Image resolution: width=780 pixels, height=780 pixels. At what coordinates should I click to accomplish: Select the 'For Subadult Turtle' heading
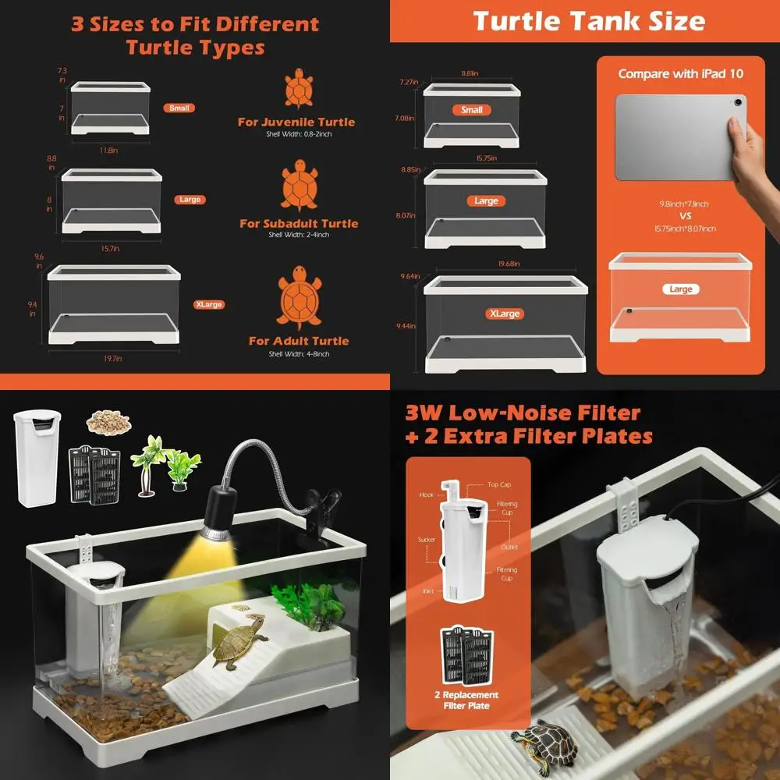pos(299,224)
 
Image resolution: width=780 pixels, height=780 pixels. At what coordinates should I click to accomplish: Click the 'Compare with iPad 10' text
pos(680,74)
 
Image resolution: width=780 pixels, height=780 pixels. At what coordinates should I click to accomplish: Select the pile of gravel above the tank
pos(107,423)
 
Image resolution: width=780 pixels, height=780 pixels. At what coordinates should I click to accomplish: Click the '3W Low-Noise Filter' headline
pos(523,413)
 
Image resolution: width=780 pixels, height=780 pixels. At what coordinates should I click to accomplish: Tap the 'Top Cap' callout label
pos(500,485)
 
